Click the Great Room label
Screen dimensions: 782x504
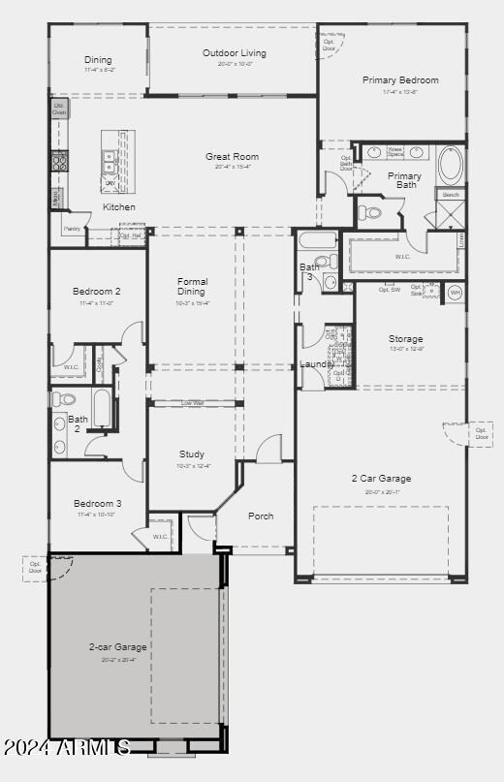click(x=232, y=156)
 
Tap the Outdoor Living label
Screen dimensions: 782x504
click(x=234, y=53)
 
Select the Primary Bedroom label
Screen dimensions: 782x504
click(x=400, y=80)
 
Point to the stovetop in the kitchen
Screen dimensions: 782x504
click(x=59, y=161)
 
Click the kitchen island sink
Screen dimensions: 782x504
click(x=110, y=161)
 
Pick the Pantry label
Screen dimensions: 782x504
click(x=72, y=230)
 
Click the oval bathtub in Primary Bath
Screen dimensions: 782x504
click(x=451, y=166)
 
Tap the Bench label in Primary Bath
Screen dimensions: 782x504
click(x=451, y=195)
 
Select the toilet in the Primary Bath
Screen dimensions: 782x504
click(x=369, y=212)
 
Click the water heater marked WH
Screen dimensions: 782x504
click(x=454, y=292)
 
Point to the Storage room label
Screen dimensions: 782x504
click(x=406, y=339)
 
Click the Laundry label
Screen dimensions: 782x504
click(x=316, y=364)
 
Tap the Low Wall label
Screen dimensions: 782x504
click(x=192, y=403)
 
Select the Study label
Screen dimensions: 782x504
click(x=192, y=454)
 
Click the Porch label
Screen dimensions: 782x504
click(x=261, y=516)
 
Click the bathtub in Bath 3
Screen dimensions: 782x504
click(x=317, y=239)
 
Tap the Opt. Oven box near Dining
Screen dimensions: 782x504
click(x=60, y=108)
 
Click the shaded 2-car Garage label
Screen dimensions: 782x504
click(x=116, y=647)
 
